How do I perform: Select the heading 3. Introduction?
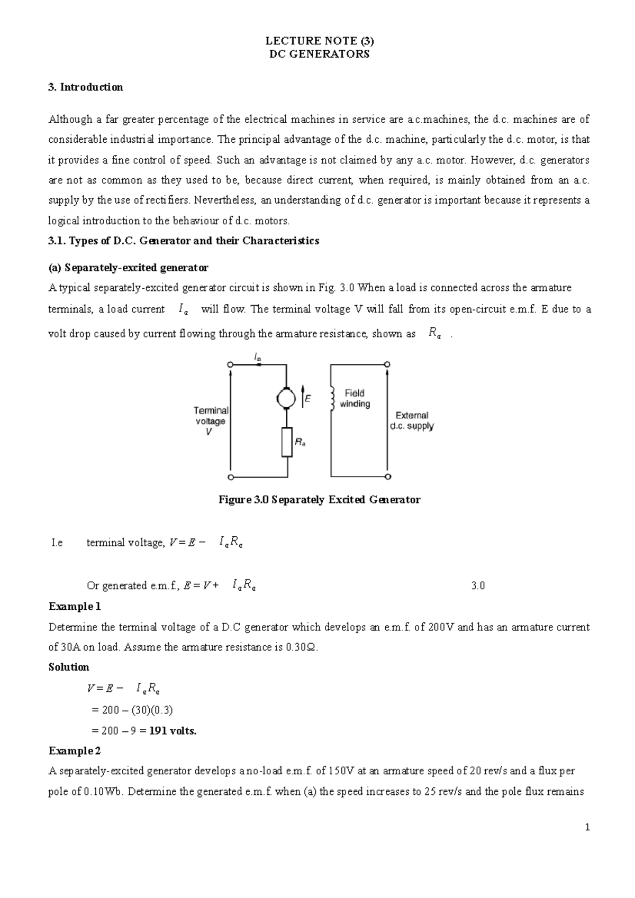click(x=86, y=87)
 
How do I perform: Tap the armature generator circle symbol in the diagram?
click(x=286, y=398)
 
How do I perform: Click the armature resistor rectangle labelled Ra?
click(x=286, y=443)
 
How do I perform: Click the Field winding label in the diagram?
click(x=355, y=398)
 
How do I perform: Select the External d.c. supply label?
click(x=412, y=420)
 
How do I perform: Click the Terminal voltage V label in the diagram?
click(x=211, y=421)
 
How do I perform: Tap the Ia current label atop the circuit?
click(x=258, y=358)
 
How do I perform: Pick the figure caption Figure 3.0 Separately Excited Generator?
click(x=319, y=500)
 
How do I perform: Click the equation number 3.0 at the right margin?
click(x=477, y=586)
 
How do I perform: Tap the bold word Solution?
click(x=69, y=667)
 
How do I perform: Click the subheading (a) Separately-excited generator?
click(x=129, y=268)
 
